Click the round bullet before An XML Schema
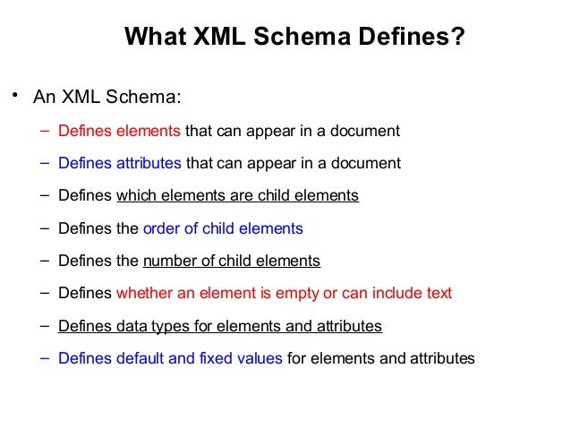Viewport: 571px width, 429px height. [x=14, y=95]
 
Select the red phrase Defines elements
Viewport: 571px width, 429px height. [x=119, y=131]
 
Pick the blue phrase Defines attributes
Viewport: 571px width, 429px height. [x=119, y=163]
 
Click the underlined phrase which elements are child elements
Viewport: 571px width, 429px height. [x=237, y=195]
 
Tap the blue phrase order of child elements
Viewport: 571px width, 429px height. [x=223, y=228]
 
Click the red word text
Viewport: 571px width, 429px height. [x=439, y=294]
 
